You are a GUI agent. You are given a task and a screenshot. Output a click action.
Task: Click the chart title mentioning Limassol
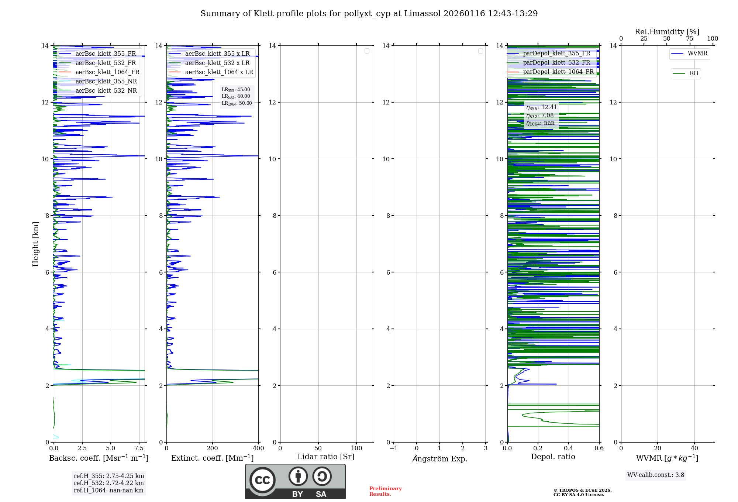pyautogui.click(x=369, y=14)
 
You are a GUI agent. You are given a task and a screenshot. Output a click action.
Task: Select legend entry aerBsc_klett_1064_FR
pyautogui.click(x=107, y=72)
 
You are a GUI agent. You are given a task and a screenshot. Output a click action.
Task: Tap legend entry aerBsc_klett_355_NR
pyautogui.click(x=106, y=81)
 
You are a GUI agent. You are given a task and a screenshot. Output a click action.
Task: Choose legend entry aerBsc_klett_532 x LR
pyautogui.click(x=217, y=63)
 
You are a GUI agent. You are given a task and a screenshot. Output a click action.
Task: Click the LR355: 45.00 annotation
pyautogui.click(x=236, y=90)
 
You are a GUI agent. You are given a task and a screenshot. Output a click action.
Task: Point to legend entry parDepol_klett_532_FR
pyautogui.click(x=556, y=62)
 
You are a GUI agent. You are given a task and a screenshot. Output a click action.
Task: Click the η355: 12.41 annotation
pyautogui.click(x=541, y=107)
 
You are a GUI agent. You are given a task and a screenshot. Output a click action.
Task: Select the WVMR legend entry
pyautogui.click(x=697, y=54)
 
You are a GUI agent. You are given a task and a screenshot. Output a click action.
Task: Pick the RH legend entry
pyautogui.click(x=693, y=73)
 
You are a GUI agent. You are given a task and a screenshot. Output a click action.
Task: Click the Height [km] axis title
pyautogui.click(x=35, y=244)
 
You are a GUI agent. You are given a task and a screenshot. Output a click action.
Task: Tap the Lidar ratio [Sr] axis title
pyautogui.click(x=326, y=457)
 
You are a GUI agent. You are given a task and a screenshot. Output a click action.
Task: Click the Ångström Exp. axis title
pyautogui.click(x=440, y=458)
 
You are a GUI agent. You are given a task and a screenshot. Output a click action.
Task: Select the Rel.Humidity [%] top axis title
pyautogui.click(x=667, y=32)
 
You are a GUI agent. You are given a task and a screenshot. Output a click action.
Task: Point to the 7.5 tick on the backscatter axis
pyautogui.click(x=139, y=448)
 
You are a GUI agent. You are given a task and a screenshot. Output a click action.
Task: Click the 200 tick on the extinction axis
pyautogui.click(x=213, y=448)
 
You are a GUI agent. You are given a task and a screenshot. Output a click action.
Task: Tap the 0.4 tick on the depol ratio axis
pyautogui.click(x=569, y=448)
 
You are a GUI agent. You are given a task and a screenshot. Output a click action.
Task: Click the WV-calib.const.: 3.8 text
pyautogui.click(x=656, y=475)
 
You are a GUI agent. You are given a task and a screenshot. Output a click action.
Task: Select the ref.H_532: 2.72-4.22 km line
pyautogui.click(x=108, y=483)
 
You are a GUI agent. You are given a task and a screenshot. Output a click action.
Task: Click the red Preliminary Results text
pyautogui.click(x=385, y=491)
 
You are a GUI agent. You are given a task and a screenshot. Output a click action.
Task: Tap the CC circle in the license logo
pyautogui.click(x=262, y=480)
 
